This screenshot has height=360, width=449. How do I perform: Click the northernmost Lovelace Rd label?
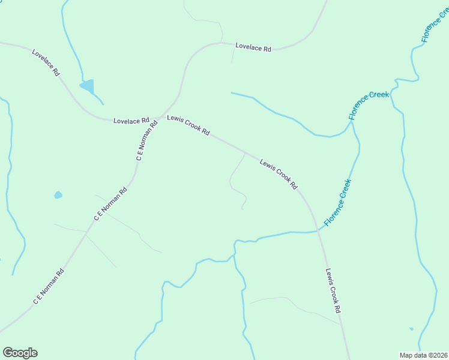(253, 47)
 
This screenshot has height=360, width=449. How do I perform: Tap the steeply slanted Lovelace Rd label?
(46, 62)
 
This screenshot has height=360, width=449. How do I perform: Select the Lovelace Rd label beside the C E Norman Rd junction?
(131, 121)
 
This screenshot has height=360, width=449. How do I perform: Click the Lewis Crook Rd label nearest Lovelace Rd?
(188, 125)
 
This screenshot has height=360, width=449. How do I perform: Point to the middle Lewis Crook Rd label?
(279, 174)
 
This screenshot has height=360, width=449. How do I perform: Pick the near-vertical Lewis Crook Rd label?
(333, 290)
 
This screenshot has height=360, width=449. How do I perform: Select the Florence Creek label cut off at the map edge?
(433, 24)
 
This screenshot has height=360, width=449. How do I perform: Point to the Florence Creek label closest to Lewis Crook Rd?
(337, 203)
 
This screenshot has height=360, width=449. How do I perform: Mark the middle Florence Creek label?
(369, 106)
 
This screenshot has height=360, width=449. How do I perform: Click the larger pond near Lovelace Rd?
(88, 86)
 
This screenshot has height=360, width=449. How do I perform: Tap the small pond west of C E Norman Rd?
(58, 195)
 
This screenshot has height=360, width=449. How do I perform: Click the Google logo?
(20, 353)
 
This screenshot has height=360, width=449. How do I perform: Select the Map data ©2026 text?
(424, 355)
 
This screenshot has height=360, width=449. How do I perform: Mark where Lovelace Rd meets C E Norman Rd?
(160, 118)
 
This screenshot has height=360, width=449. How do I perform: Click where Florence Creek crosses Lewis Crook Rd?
(316, 230)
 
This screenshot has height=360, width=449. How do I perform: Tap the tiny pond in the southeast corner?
(411, 329)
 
